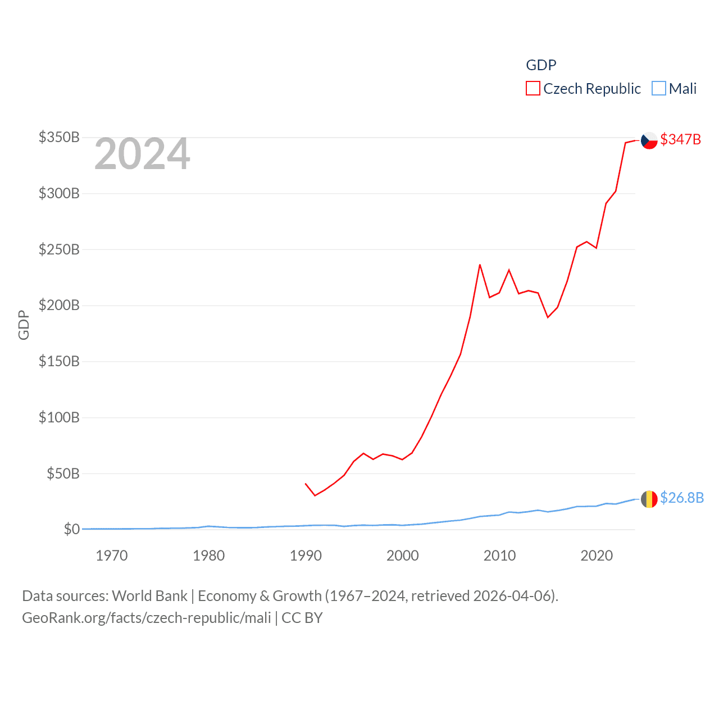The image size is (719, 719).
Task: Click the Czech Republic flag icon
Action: pos(649,140)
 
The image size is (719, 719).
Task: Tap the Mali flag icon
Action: pos(649,499)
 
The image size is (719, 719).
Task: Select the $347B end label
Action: pos(680,139)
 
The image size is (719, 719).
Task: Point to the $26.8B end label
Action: pos(681,498)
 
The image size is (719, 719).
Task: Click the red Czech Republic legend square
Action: pos(533,89)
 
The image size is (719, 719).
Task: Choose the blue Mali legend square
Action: pos(658,89)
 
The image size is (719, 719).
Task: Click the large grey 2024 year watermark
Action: pos(142,154)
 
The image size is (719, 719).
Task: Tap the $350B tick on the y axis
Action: pos(59,137)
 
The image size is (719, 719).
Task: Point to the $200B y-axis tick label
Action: pos(59,305)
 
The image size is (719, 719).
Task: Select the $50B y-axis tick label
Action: pos(63,474)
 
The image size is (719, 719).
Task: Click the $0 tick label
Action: pos(71,529)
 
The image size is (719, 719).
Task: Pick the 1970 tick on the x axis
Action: pos(112,556)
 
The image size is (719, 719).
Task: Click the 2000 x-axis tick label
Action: pos(403,556)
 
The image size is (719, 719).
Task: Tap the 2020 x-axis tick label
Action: pos(597,556)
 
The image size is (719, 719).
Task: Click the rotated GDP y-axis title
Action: pos(24,325)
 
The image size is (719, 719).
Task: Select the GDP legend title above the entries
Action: pos(541,65)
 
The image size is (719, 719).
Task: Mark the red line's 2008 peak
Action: pos(480,265)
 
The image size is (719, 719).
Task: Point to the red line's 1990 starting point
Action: pos(306,484)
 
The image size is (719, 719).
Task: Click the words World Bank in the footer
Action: pos(150,595)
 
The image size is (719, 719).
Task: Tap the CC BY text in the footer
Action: pos(302,618)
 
